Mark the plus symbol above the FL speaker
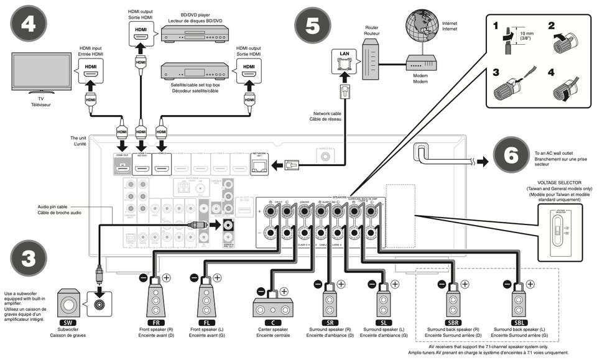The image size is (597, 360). point(218,279)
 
